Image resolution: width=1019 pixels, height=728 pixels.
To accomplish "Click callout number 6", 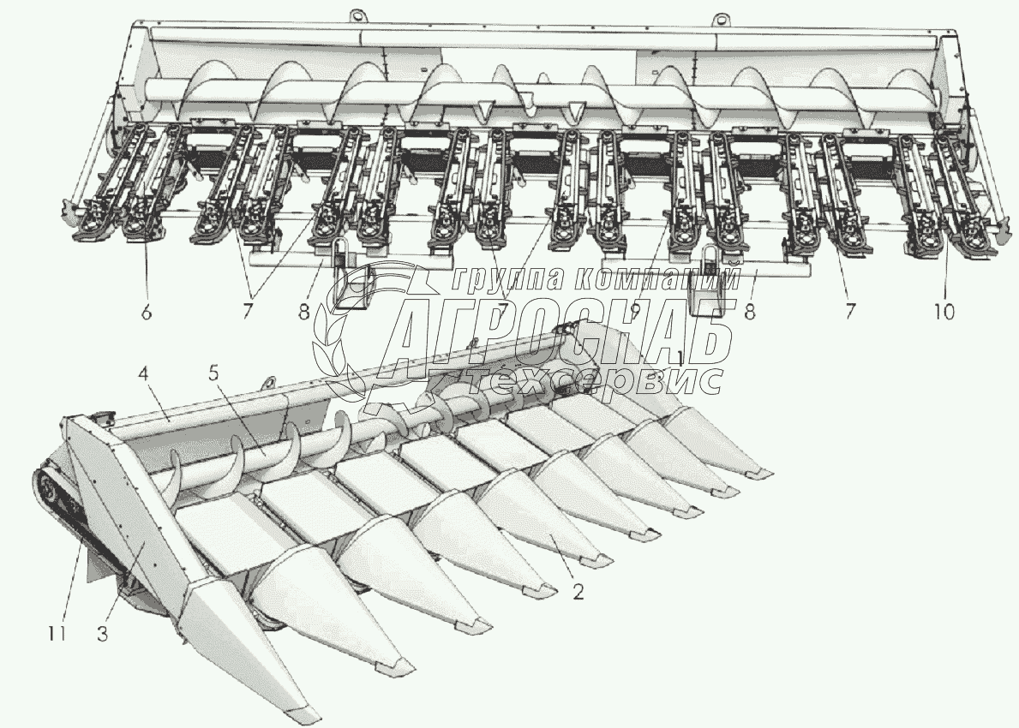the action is point(147,313).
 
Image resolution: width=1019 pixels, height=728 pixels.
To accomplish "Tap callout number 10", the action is point(944,313).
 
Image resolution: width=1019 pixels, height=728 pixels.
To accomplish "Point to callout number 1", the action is point(679,359).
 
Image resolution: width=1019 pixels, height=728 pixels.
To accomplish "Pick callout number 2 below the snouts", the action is point(578,592).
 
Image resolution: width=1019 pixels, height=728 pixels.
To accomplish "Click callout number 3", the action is point(103,634).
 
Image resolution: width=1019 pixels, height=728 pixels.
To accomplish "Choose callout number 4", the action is point(144,375).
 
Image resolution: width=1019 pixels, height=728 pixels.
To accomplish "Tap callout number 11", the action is point(56,634).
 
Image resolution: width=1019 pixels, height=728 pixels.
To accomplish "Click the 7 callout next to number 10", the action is point(849,313).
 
